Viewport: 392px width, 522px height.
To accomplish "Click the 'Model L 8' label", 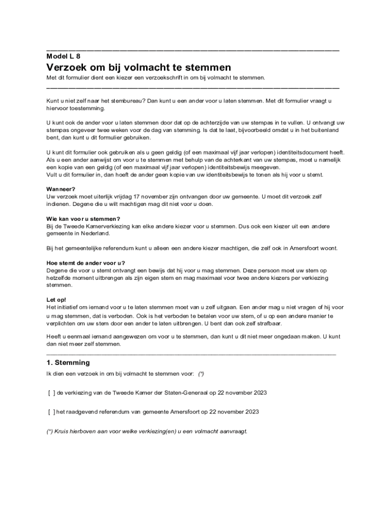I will (63, 56).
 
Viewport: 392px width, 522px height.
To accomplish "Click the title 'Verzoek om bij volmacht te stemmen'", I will (139, 67).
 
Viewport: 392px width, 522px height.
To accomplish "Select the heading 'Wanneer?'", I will (61, 189).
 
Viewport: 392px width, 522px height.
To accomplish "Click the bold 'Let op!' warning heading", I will (56, 300).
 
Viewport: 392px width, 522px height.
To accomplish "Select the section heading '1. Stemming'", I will (68, 362).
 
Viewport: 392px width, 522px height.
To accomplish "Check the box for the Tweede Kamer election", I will (52, 393).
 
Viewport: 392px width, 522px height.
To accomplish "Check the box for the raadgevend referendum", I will (52, 411).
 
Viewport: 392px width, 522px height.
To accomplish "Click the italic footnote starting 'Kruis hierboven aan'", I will (147, 431).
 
